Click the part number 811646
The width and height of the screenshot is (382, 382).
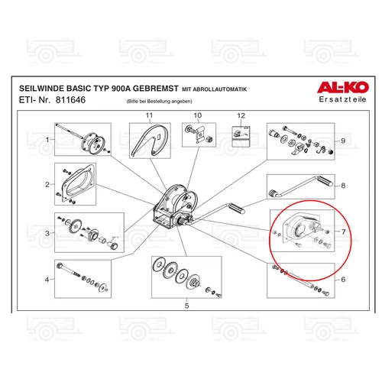pos(71,101)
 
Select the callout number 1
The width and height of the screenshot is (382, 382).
pos(47,140)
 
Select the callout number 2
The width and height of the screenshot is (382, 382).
pos(47,184)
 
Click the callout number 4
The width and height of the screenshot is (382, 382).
pos(47,280)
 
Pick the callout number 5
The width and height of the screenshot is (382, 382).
pos(186,305)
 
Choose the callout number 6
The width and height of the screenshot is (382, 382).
pos(343,280)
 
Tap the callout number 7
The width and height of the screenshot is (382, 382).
pos(343,230)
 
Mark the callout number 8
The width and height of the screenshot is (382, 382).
pos(343,186)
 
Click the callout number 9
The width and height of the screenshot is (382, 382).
pos(343,141)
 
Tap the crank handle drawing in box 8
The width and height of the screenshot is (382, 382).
pos(302,186)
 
